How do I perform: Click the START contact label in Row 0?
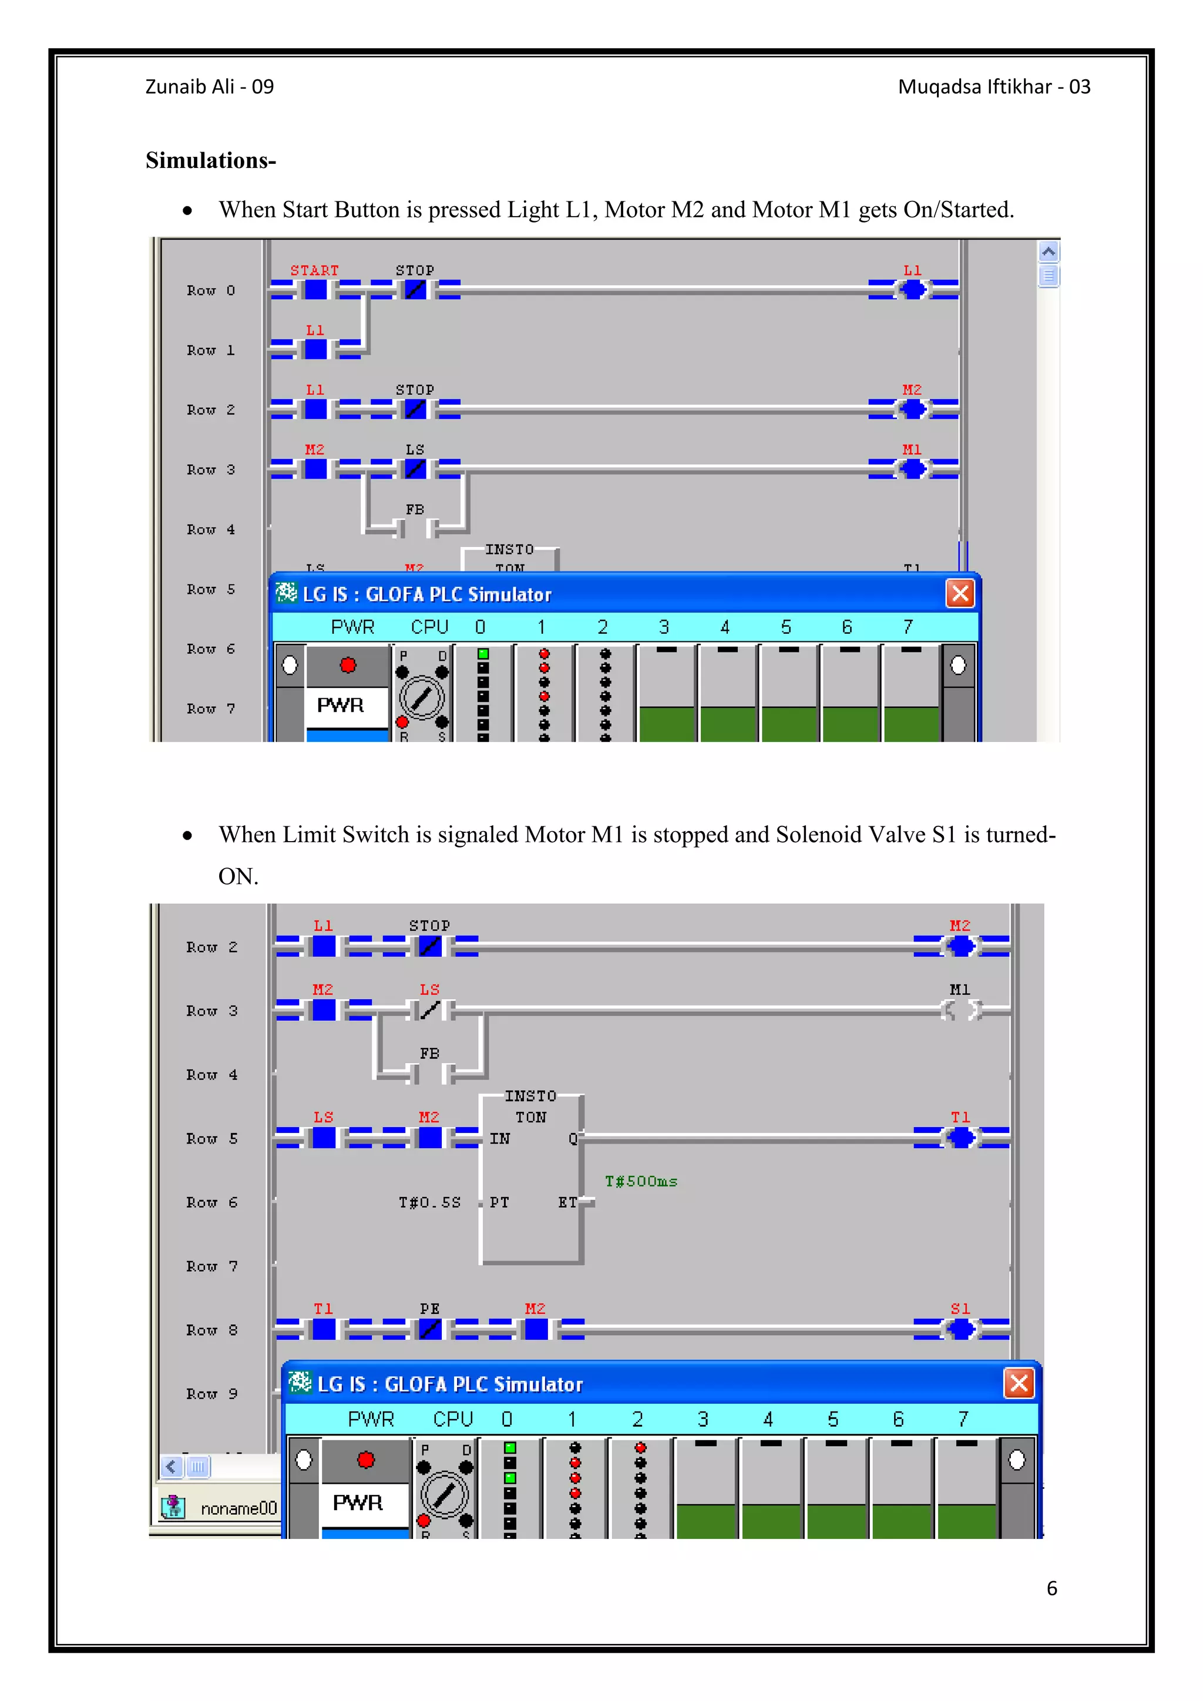pos(314,270)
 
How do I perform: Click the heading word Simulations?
pos(210,160)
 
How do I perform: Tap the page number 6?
pos(1051,1588)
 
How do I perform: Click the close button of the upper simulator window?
pos(960,593)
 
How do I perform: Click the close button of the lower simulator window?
pos(1019,1383)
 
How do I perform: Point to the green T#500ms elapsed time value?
pos(641,1181)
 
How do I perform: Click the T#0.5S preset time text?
pos(429,1202)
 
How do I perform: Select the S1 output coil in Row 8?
pos(961,1329)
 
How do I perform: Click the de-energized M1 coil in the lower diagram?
pos(961,1010)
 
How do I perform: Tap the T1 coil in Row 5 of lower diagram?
pos(961,1137)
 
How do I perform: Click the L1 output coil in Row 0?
pos(913,290)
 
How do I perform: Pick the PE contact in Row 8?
pos(429,1329)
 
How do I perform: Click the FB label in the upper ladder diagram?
pos(415,510)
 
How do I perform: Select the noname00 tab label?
pos(238,1508)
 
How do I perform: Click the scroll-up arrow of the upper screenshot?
pos(1048,252)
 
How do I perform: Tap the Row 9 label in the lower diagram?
pos(212,1394)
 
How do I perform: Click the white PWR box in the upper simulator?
pos(341,705)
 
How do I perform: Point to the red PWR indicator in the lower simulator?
pos(366,1460)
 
